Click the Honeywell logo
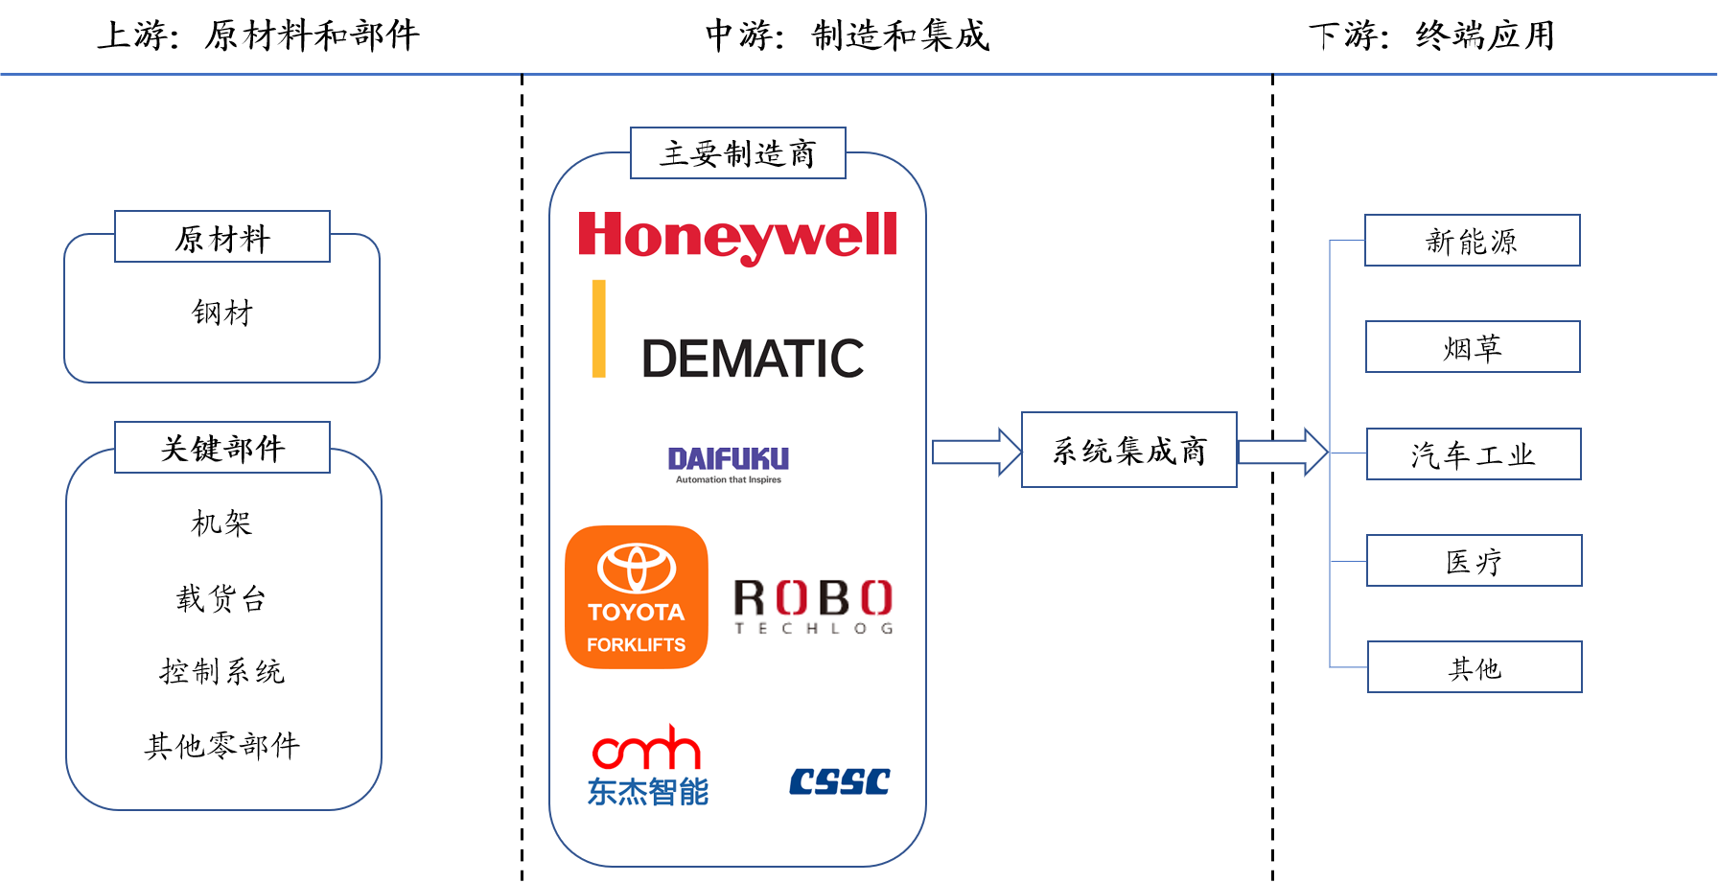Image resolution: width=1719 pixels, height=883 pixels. coord(736,238)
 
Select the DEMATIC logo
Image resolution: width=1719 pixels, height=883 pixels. coord(729,329)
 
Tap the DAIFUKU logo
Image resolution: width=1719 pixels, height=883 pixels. coord(729,465)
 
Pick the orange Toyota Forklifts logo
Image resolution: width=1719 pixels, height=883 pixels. coord(637,597)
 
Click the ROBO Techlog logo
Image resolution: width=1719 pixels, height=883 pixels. coord(814,605)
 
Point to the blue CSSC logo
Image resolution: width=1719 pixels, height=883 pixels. coord(839,781)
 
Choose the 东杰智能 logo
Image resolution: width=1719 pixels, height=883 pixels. coord(647,772)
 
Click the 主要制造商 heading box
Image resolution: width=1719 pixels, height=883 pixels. coord(737,153)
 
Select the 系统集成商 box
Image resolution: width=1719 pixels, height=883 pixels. coord(1128,450)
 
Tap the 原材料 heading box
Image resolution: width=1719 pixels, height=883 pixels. coord(222,237)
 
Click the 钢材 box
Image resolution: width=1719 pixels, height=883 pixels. coord(222,312)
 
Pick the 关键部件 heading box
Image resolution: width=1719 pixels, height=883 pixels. coord(222,448)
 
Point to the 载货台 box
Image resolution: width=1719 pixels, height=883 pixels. coord(222,596)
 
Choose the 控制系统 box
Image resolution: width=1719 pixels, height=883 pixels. coord(222,670)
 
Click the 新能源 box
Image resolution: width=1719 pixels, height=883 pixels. coord(1472,241)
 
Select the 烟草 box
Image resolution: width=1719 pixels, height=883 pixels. coord(1473,347)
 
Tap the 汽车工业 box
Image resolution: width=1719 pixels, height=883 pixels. coord(1474,454)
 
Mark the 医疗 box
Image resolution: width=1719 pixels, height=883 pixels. coord(1474,561)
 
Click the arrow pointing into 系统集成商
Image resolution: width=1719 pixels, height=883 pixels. coord(976,452)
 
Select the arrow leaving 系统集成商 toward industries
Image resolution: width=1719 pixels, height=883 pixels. coord(1282,452)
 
